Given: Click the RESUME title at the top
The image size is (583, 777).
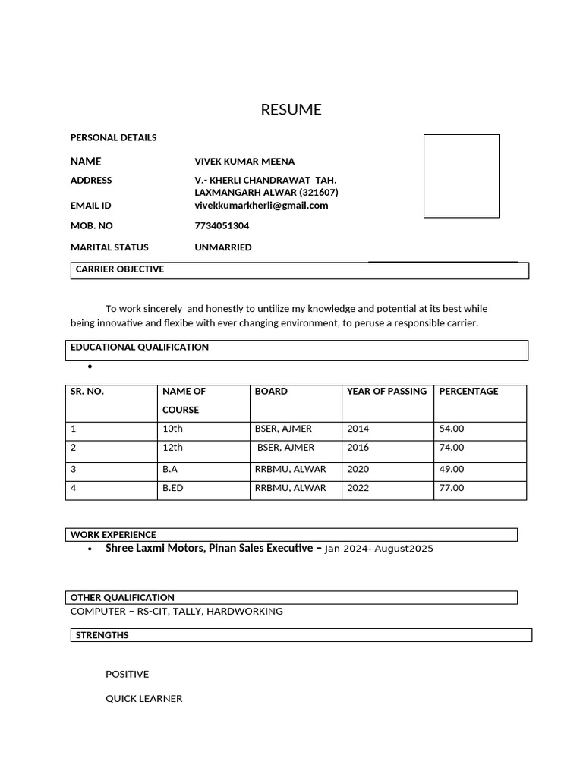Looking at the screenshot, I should coord(291,109).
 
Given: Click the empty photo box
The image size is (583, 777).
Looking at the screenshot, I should coord(462,176).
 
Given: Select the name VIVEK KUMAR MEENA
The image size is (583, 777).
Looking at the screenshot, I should coord(244,162).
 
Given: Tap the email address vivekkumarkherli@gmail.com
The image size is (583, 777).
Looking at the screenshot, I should coord(261,206).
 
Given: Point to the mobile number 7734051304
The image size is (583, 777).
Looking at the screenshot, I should coord(222,226).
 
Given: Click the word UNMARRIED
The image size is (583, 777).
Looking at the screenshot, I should coord(223,247).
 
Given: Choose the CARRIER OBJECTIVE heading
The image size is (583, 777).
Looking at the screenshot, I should coord(120,269).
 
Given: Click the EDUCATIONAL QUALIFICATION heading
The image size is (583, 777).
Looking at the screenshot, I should coord(140,347).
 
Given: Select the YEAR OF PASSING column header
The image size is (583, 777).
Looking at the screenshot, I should coord(386,392).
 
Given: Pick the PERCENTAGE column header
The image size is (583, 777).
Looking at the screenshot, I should coord(468,392).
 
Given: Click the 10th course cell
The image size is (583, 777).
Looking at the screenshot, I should coord(172,429).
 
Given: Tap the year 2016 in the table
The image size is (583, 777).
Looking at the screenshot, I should coord(358,448).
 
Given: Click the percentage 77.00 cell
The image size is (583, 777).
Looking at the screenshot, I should coord(452,488).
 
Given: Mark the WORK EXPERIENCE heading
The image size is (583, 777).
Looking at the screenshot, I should coord(113,535).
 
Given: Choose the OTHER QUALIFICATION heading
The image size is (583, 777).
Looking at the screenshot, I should coord(122,598).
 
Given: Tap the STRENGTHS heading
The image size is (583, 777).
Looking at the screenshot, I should coord(102,635).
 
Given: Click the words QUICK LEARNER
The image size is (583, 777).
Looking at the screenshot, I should coord(143,699).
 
